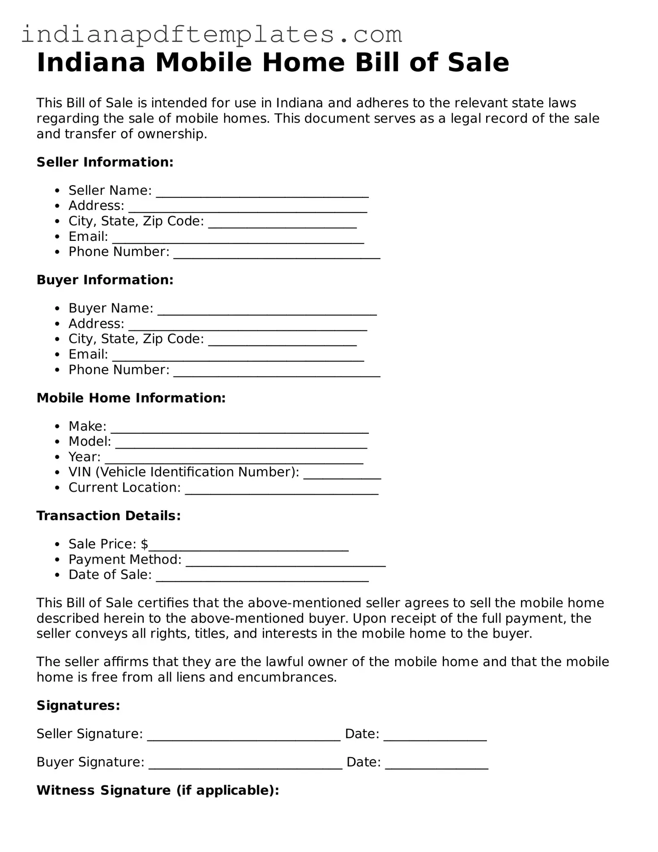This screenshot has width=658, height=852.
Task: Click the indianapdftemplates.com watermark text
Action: (211, 34)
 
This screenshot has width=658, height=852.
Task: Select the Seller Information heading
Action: (105, 162)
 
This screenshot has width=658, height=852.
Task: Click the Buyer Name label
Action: (111, 308)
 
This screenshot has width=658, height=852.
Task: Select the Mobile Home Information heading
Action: (131, 398)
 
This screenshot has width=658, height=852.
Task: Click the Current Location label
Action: (124, 488)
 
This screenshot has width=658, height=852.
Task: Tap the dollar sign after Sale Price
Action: (144, 544)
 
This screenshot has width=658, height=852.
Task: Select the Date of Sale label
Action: (110, 574)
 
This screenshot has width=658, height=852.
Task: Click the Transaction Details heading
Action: (108, 516)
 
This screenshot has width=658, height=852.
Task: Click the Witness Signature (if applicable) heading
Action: (158, 790)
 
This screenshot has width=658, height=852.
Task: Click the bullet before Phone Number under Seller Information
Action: (57, 252)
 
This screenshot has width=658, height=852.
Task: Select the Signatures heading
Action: (78, 706)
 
